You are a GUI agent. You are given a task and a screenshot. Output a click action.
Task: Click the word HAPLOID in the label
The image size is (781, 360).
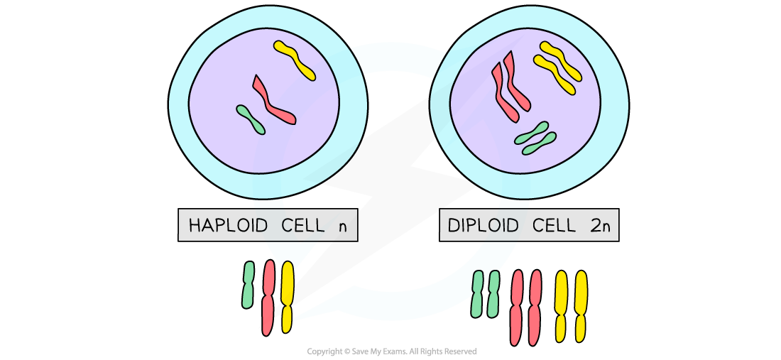tap(228, 226)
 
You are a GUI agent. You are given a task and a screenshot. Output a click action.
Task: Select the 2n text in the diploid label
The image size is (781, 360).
tap(603, 226)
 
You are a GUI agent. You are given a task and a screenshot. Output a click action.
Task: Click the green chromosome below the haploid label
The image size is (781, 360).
tap(248, 285)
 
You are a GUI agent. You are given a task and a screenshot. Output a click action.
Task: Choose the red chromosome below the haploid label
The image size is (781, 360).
tap(268, 298)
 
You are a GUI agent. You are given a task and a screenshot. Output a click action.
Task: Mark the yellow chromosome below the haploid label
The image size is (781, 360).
tap(287, 296)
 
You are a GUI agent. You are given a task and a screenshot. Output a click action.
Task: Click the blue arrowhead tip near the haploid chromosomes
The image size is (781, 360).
tap(295, 319)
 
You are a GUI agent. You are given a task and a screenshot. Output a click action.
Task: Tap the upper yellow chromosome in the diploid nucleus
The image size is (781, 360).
tap(562, 57)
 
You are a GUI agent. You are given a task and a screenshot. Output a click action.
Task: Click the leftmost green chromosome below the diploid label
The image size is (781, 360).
tap(478, 293)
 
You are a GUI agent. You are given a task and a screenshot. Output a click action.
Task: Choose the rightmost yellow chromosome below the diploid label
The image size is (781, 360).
tap(581, 305)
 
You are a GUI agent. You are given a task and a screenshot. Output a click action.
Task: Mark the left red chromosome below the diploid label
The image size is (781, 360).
tap(516, 307)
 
